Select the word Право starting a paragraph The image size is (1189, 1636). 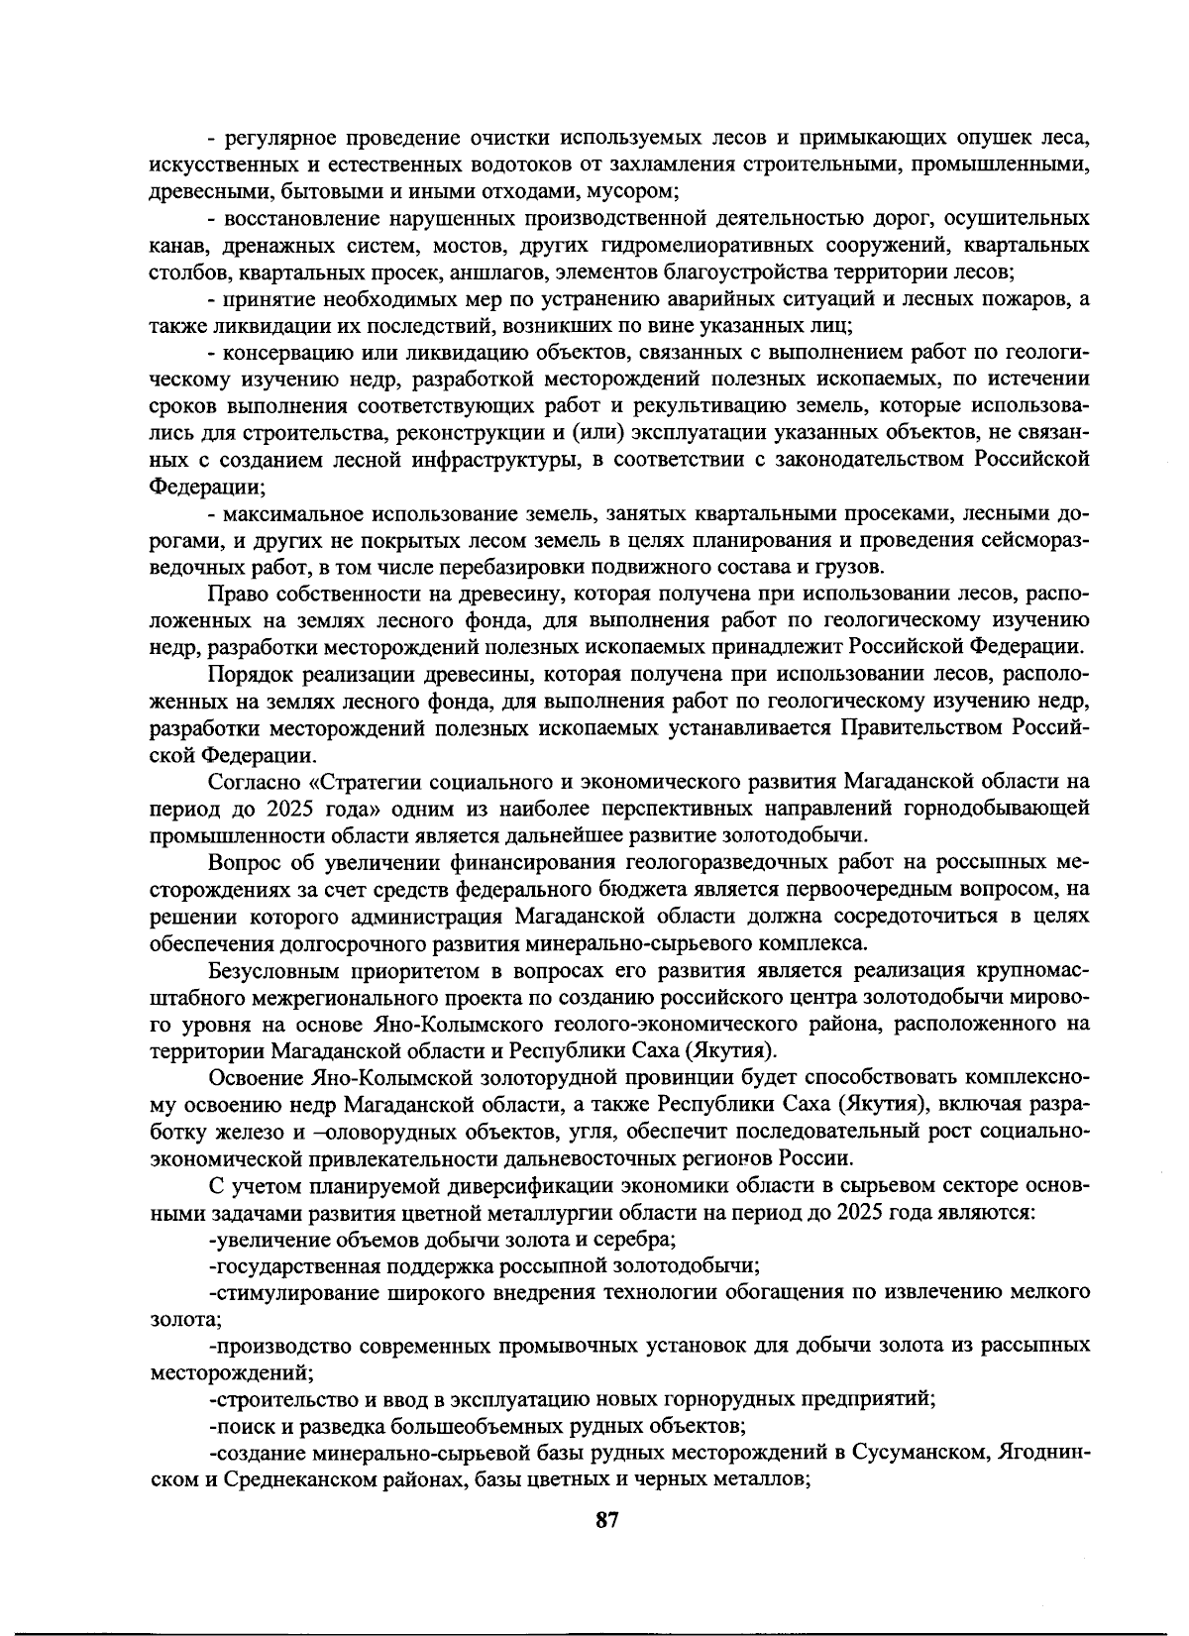tap(235, 594)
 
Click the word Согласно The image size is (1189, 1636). tap(249, 782)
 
